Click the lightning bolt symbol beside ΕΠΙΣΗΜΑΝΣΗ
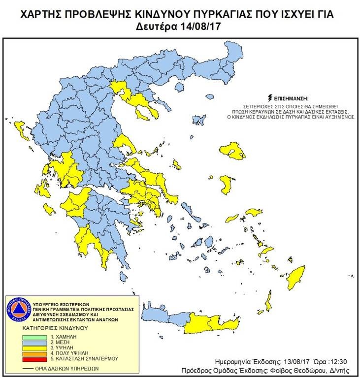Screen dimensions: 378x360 269,98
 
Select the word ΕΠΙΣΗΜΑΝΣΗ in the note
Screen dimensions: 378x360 293,98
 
